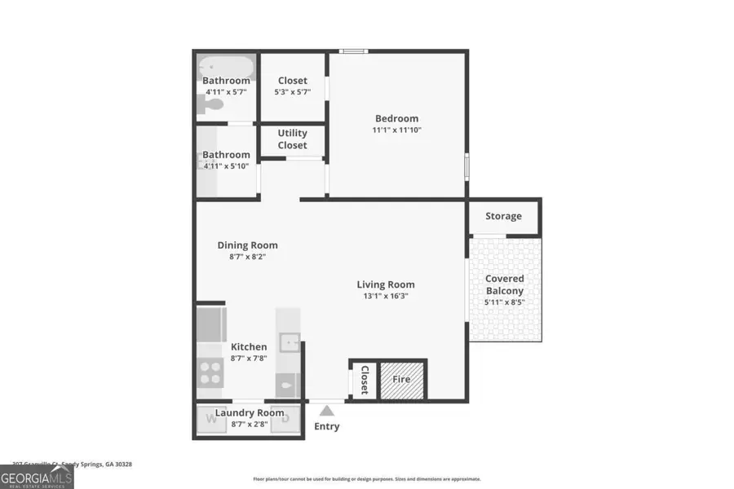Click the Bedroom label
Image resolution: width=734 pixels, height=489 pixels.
396,118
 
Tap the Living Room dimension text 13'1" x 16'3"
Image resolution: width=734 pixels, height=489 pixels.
386,297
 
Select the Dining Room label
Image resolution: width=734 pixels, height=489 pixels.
247,245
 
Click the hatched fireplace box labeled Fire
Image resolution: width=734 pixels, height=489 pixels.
402,379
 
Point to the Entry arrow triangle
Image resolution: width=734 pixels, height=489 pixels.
327,410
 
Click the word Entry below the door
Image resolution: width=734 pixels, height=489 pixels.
327,426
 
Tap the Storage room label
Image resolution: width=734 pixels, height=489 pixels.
503,216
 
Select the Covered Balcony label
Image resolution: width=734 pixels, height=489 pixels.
505,284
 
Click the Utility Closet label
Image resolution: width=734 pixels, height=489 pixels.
292,139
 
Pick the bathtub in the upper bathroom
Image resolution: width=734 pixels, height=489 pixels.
226,65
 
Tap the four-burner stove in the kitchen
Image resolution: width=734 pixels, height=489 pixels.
211,372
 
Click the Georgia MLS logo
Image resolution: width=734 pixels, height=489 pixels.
37,475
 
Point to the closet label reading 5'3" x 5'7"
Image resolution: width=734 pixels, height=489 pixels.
292,92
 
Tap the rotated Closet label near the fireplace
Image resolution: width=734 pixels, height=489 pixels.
365,380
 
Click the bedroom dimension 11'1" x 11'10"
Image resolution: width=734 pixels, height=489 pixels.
396,130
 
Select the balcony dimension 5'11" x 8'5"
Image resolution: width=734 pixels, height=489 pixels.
505,302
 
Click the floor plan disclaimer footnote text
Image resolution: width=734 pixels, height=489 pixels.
366,479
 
